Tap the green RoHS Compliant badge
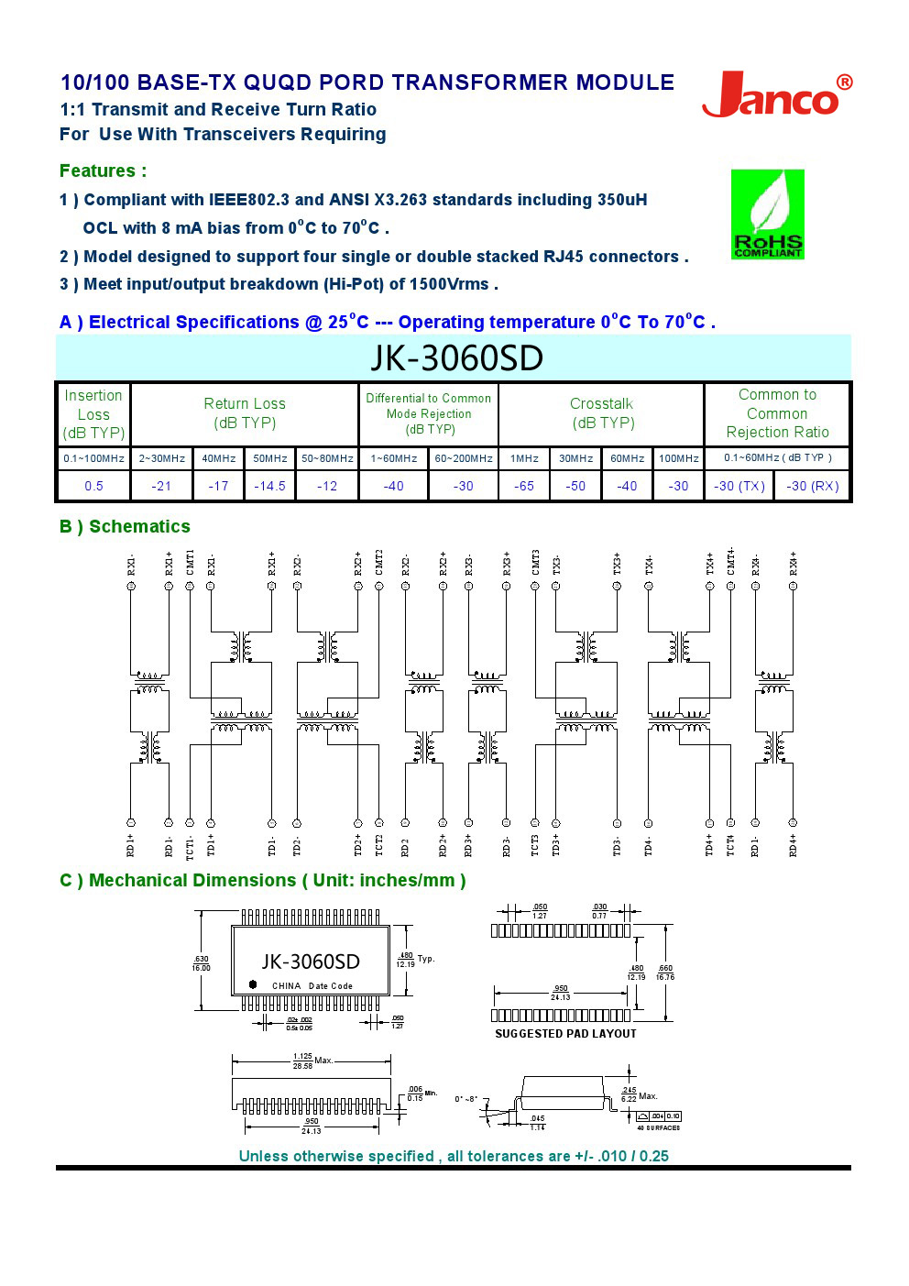(x=767, y=214)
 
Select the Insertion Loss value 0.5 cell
(x=93, y=486)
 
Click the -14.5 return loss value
(x=269, y=486)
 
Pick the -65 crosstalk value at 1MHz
(x=524, y=486)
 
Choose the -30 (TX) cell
(x=739, y=486)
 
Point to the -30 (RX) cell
(x=812, y=486)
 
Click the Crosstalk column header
(x=601, y=413)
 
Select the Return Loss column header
(x=245, y=413)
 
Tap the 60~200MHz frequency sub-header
(x=463, y=458)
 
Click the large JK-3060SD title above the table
(x=456, y=358)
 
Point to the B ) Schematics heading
(x=125, y=527)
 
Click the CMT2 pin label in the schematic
(x=379, y=562)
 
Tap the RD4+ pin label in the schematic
(x=794, y=844)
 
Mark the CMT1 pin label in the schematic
(x=190, y=562)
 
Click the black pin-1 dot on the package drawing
(x=253, y=984)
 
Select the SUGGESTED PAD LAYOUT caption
(x=565, y=1034)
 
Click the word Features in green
(x=97, y=171)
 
